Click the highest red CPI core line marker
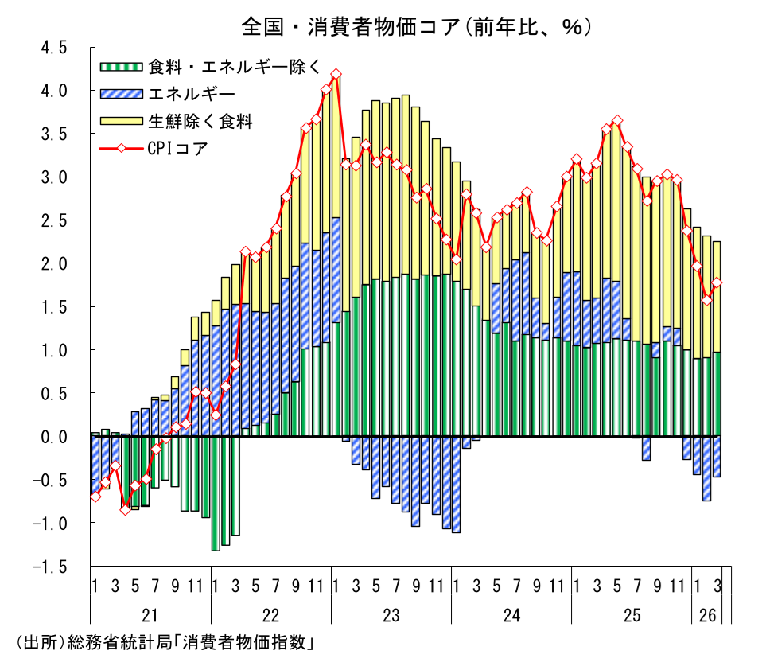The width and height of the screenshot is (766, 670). click(x=336, y=74)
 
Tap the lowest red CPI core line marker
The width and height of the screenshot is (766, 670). click(x=125, y=509)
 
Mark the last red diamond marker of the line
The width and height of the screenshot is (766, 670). click(x=717, y=282)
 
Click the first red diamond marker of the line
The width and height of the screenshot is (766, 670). click(x=95, y=497)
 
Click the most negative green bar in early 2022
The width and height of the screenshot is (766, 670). click(x=216, y=493)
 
